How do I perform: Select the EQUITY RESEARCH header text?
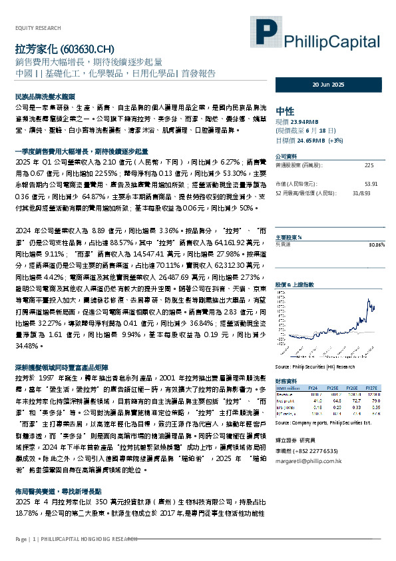point(37,27)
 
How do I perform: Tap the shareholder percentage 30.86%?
point(377,245)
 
